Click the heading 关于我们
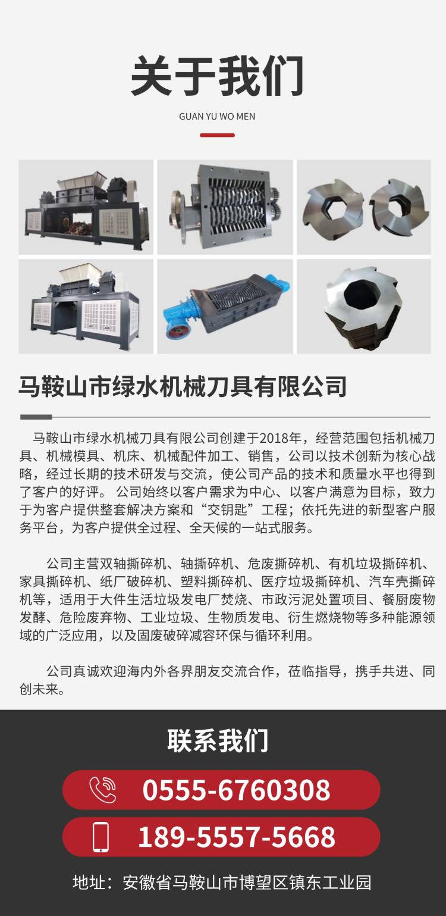point(217,76)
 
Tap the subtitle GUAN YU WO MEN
point(217,117)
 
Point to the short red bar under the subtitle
point(217,135)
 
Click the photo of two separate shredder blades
point(364,207)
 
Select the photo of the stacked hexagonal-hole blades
point(364,307)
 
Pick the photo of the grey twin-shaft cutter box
point(225,207)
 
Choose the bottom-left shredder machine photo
point(86,307)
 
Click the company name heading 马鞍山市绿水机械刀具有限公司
point(183,386)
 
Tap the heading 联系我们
point(217,740)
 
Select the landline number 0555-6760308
point(236,790)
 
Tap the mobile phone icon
point(101,837)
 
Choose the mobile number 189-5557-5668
point(237,837)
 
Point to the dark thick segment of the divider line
point(36,417)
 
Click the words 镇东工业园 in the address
point(331,883)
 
